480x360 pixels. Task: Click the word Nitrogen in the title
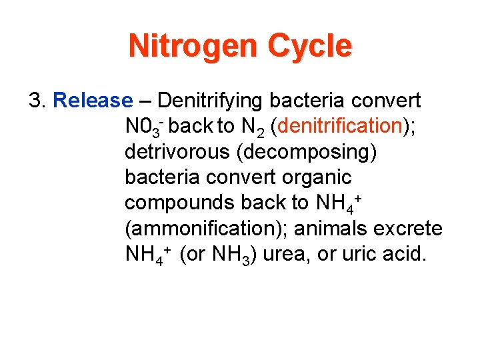click(x=193, y=47)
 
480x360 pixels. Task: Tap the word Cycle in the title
click(x=309, y=47)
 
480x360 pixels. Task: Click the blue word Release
click(x=93, y=101)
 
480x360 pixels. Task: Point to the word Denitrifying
click(x=211, y=101)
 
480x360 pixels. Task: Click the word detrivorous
click(x=173, y=152)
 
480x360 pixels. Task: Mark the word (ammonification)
click(x=205, y=229)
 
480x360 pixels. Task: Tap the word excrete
click(x=411, y=229)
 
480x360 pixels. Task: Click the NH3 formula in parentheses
click(x=224, y=255)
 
